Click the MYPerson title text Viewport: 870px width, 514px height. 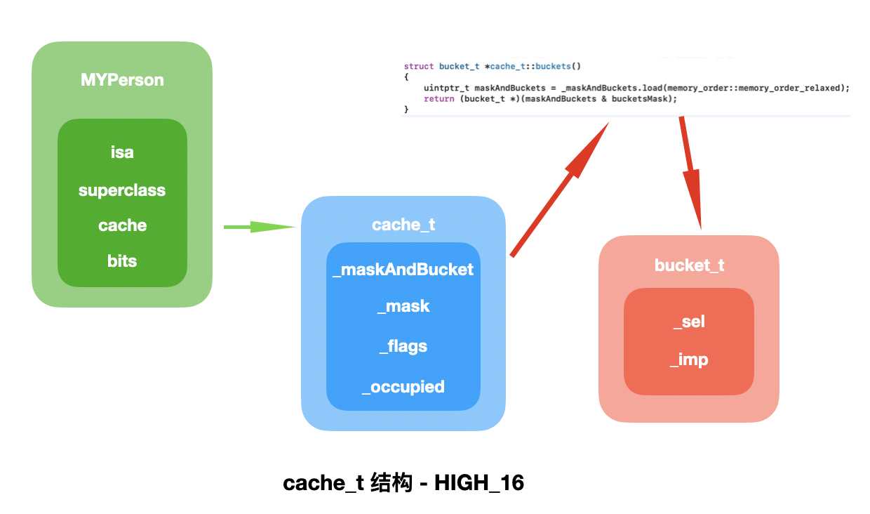tap(122, 80)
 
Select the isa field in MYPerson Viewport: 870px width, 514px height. tap(122, 152)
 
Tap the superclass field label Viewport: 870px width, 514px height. tap(122, 190)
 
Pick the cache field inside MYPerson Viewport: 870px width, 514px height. tap(122, 225)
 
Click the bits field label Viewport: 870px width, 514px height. tap(122, 261)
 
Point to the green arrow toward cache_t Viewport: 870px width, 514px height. tap(259, 227)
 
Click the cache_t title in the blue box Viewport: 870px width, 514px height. tap(403, 225)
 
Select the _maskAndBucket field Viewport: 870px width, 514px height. tap(403, 270)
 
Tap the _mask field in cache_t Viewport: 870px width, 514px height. tap(403, 306)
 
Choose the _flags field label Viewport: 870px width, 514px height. tap(403, 346)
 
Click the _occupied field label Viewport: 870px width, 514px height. tap(403, 387)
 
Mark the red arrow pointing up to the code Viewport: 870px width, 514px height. tap(559, 188)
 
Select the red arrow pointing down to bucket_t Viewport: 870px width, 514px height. tap(690, 172)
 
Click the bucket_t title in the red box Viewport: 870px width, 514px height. tap(689, 265)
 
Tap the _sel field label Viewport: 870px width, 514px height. tap(689, 322)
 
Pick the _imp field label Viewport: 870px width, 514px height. tap(689, 360)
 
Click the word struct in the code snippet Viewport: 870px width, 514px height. tap(419, 67)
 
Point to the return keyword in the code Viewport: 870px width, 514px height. tap(439, 99)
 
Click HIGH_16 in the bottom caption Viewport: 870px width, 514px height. tap(479, 484)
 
